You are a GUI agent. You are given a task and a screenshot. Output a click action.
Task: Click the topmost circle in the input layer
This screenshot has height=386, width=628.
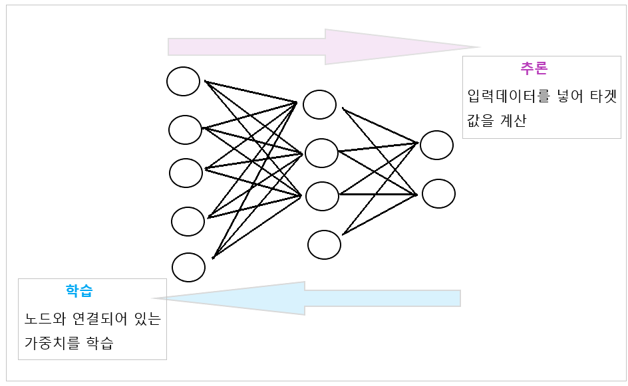183,81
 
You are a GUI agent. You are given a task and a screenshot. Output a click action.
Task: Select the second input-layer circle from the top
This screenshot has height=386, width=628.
185,130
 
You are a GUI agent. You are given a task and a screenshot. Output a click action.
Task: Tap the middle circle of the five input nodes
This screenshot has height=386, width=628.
186,173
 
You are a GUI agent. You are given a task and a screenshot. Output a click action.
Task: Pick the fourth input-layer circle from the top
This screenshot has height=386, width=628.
188,221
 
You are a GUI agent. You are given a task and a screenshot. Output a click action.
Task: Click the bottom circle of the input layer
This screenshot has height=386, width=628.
188,267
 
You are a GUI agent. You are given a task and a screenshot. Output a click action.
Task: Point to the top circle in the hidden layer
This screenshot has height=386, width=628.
319,104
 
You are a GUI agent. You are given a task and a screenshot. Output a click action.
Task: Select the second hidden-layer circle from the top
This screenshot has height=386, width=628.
321,153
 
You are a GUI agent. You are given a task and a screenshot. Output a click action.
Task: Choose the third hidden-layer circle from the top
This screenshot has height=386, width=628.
322,196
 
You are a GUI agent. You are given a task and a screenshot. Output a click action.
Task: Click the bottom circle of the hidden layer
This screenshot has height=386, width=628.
324,244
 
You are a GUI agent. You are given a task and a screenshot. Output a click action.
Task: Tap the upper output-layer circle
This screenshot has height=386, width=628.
436,145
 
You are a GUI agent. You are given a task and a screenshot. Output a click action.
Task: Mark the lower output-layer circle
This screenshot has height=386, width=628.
438,193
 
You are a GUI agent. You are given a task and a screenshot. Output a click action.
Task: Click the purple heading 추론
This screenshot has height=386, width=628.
534,68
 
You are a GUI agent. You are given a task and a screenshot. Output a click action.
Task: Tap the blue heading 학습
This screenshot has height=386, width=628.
79,290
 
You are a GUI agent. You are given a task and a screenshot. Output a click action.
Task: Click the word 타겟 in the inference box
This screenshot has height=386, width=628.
603,96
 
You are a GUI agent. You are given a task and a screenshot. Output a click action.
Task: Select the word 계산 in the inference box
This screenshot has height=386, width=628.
512,122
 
